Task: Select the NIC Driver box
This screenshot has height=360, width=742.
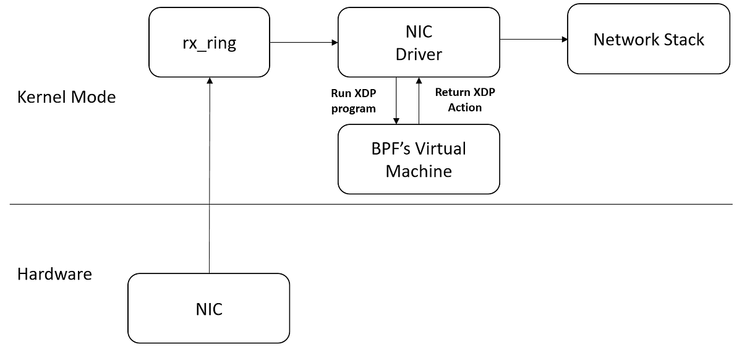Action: (419, 42)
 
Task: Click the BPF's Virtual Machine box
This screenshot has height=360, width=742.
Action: (419, 159)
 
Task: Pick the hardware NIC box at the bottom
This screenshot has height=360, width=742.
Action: (209, 308)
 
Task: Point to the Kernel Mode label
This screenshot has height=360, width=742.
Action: (66, 97)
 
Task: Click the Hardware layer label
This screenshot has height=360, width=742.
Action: (54, 274)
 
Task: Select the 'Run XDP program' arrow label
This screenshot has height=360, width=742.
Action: (354, 100)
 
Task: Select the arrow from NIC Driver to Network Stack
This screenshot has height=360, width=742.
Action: (534, 40)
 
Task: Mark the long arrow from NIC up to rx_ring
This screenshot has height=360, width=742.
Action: (210, 179)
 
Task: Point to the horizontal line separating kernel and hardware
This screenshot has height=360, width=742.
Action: (556, 204)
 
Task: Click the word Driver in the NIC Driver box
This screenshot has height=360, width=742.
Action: (419, 54)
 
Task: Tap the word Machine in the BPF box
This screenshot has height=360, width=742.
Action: (419, 171)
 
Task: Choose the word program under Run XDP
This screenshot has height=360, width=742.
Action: (354, 108)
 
